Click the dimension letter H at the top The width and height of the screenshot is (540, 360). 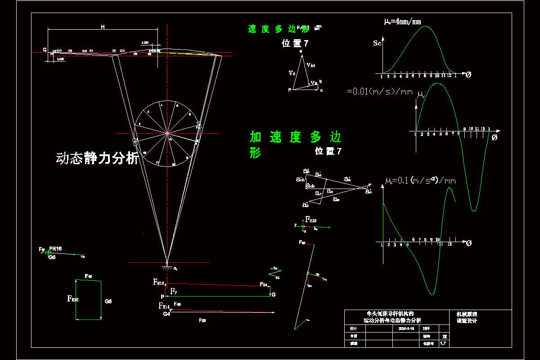click(103, 27)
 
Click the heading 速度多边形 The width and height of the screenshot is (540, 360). click(279, 29)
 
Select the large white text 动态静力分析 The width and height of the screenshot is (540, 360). click(97, 158)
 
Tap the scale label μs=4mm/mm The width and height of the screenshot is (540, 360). click(402, 21)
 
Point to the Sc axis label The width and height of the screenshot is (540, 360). click(378, 44)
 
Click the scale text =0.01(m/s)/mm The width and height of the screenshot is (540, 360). click(380, 91)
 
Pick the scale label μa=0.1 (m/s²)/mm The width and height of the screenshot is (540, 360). click(420, 181)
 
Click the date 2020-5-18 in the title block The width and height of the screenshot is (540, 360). click(406, 328)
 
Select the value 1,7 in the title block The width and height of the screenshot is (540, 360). click(443, 343)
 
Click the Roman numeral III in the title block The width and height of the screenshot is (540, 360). click(445, 336)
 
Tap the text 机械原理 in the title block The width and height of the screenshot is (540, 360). click(465, 314)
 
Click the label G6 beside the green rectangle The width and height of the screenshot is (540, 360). click(108, 301)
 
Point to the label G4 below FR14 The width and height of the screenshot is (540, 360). click(166, 314)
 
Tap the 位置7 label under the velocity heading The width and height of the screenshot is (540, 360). click(295, 44)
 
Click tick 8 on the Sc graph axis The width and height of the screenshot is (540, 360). click(425, 75)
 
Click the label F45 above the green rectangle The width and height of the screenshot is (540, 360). click(89, 276)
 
